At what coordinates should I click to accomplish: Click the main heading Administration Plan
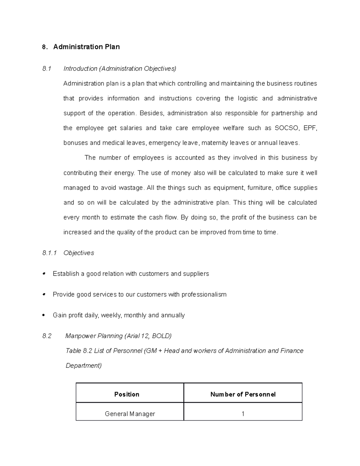pyautogui.click(x=86, y=47)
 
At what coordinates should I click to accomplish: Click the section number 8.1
pyautogui.click(x=47, y=69)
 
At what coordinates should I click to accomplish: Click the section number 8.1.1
pyautogui.click(x=49, y=253)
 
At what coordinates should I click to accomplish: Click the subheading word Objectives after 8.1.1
pyautogui.click(x=79, y=253)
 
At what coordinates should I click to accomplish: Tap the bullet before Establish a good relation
pyautogui.click(x=44, y=273)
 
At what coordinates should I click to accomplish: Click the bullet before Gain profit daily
pyautogui.click(x=44, y=315)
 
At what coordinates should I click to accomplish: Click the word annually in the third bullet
pyautogui.click(x=173, y=315)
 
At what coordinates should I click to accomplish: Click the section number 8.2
pyautogui.click(x=47, y=336)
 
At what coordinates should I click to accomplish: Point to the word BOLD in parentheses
pyautogui.click(x=161, y=336)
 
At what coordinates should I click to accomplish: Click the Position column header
pyautogui.click(x=127, y=394)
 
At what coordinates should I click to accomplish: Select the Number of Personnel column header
pyautogui.click(x=243, y=394)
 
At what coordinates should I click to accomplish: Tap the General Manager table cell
pyautogui.click(x=130, y=414)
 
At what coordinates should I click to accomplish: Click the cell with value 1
pyautogui.click(x=243, y=414)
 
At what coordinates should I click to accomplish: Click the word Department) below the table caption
pyautogui.click(x=83, y=365)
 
